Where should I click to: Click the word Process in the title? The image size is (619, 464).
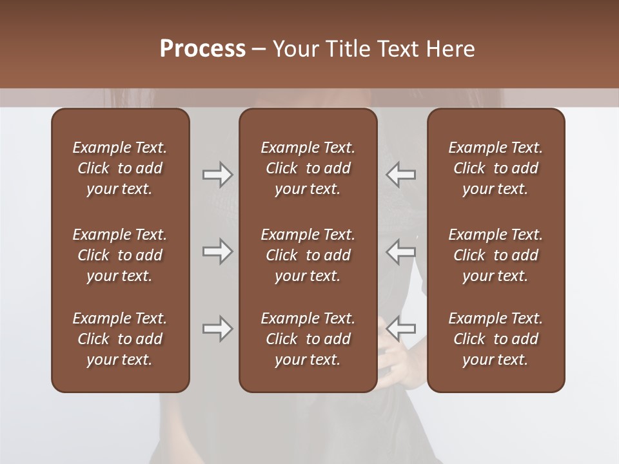(202, 49)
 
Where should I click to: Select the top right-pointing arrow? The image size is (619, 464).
(217, 174)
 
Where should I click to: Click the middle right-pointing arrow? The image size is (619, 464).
(217, 251)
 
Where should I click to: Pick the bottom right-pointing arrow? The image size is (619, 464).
(217, 329)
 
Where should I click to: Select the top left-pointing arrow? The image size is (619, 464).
(400, 174)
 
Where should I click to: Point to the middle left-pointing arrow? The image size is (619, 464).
(400, 251)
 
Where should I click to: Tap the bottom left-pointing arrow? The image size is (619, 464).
(400, 329)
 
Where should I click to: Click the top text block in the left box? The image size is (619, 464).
(120, 168)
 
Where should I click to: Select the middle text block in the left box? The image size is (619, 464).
(120, 255)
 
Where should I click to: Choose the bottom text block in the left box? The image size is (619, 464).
(120, 339)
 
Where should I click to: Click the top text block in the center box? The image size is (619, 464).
(308, 168)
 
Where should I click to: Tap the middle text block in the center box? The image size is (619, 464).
(308, 255)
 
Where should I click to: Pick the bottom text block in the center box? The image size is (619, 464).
(308, 339)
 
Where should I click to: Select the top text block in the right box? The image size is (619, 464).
(495, 168)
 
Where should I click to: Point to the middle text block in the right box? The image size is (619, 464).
(495, 255)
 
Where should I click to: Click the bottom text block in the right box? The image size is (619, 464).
(495, 339)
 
